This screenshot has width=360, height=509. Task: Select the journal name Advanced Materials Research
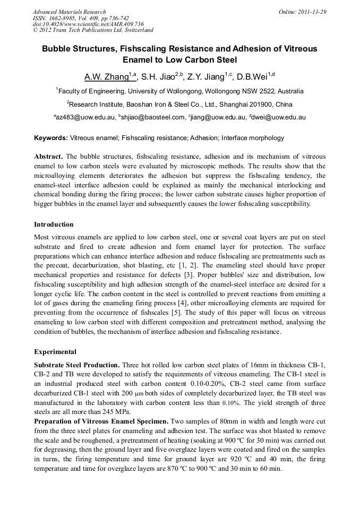point(69,12)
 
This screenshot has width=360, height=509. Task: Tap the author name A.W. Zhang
point(106,77)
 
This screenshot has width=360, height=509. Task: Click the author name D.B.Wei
point(252,77)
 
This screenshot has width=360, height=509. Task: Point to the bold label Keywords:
point(51,138)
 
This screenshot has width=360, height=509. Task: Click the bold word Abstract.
point(48,157)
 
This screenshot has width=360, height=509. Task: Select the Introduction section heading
point(54,225)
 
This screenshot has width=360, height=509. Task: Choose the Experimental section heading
point(55,352)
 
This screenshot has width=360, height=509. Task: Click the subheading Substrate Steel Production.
point(77,365)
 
